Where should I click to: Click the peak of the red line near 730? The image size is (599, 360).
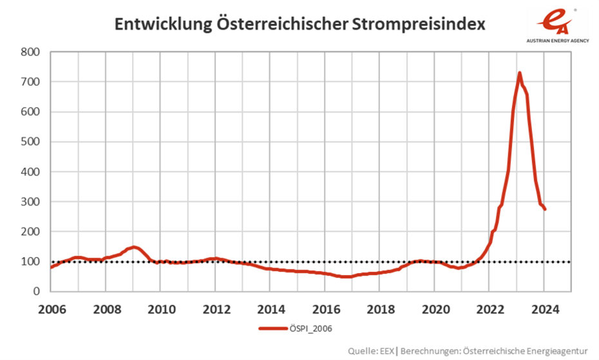tap(519, 73)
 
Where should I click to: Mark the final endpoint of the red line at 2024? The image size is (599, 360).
tap(545, 209)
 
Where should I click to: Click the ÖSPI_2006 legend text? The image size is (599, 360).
tap(313, 328)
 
